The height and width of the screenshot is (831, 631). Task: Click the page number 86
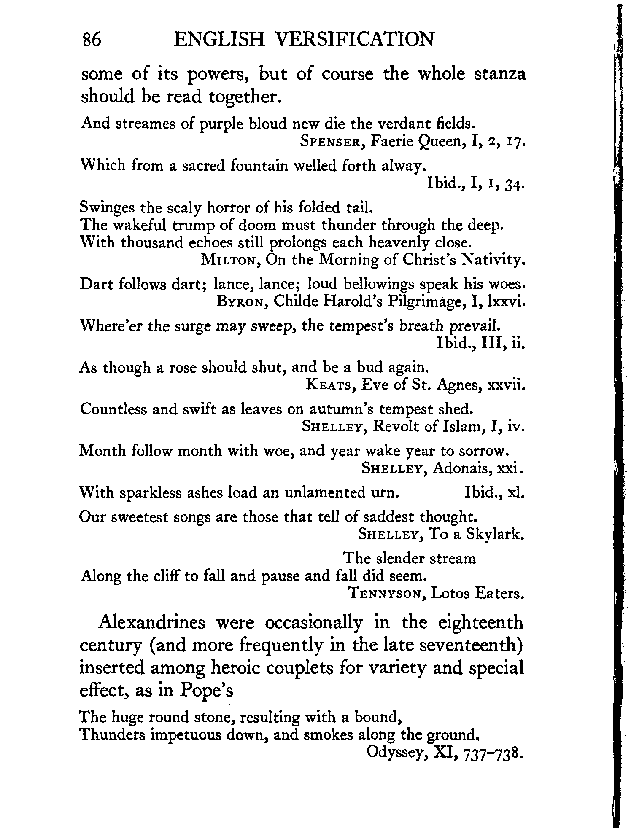click(92, 40)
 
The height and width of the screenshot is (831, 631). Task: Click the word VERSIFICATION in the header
click(354, 40)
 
